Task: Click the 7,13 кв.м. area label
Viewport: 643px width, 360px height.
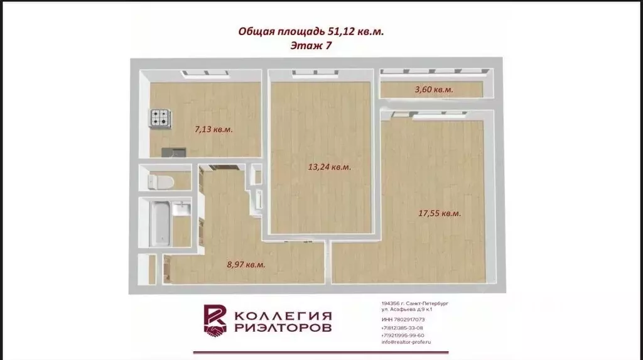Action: (x=213, y=129)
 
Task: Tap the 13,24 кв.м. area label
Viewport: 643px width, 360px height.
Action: (x=330, y=167)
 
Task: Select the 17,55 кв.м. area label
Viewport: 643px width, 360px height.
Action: (x=440, y=214)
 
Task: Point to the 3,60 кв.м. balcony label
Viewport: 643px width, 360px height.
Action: (x=434, y=90)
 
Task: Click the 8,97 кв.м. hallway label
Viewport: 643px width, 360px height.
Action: (x=246, y=265)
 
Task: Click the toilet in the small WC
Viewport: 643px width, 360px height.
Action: (x=159, y=182)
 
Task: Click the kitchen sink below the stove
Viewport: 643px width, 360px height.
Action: (x=173, y=151)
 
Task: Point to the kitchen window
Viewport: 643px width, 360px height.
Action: (x=205, y=74)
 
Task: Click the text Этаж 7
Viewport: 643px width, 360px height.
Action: (x=311, y=45)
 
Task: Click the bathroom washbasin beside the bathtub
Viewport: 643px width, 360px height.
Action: (x=182, y=209)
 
